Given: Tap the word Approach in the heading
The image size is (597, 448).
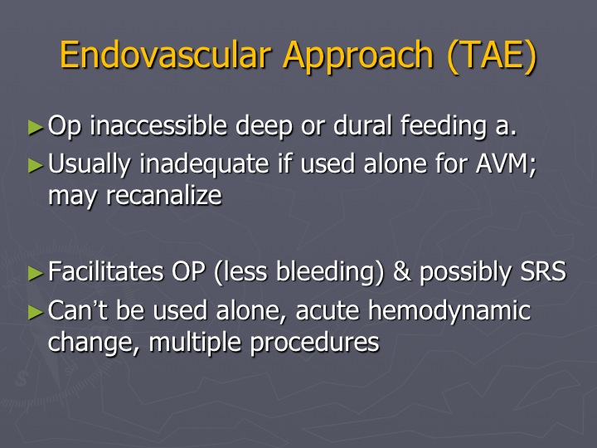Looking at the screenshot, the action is [358, 56].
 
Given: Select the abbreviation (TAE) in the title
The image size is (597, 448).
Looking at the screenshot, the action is [492, 56].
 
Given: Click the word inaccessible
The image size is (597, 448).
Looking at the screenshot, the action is [158, 125].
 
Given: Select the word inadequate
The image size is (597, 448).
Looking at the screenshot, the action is [205, 163].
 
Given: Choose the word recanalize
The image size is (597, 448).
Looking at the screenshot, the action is [163, 196].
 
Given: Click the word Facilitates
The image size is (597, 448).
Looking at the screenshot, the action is [106, 271].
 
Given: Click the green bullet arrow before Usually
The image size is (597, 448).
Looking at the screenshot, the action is [36, 165].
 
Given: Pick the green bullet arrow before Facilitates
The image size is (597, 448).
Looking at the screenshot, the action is [36, 273].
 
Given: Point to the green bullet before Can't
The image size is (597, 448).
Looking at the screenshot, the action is [36, 313].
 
